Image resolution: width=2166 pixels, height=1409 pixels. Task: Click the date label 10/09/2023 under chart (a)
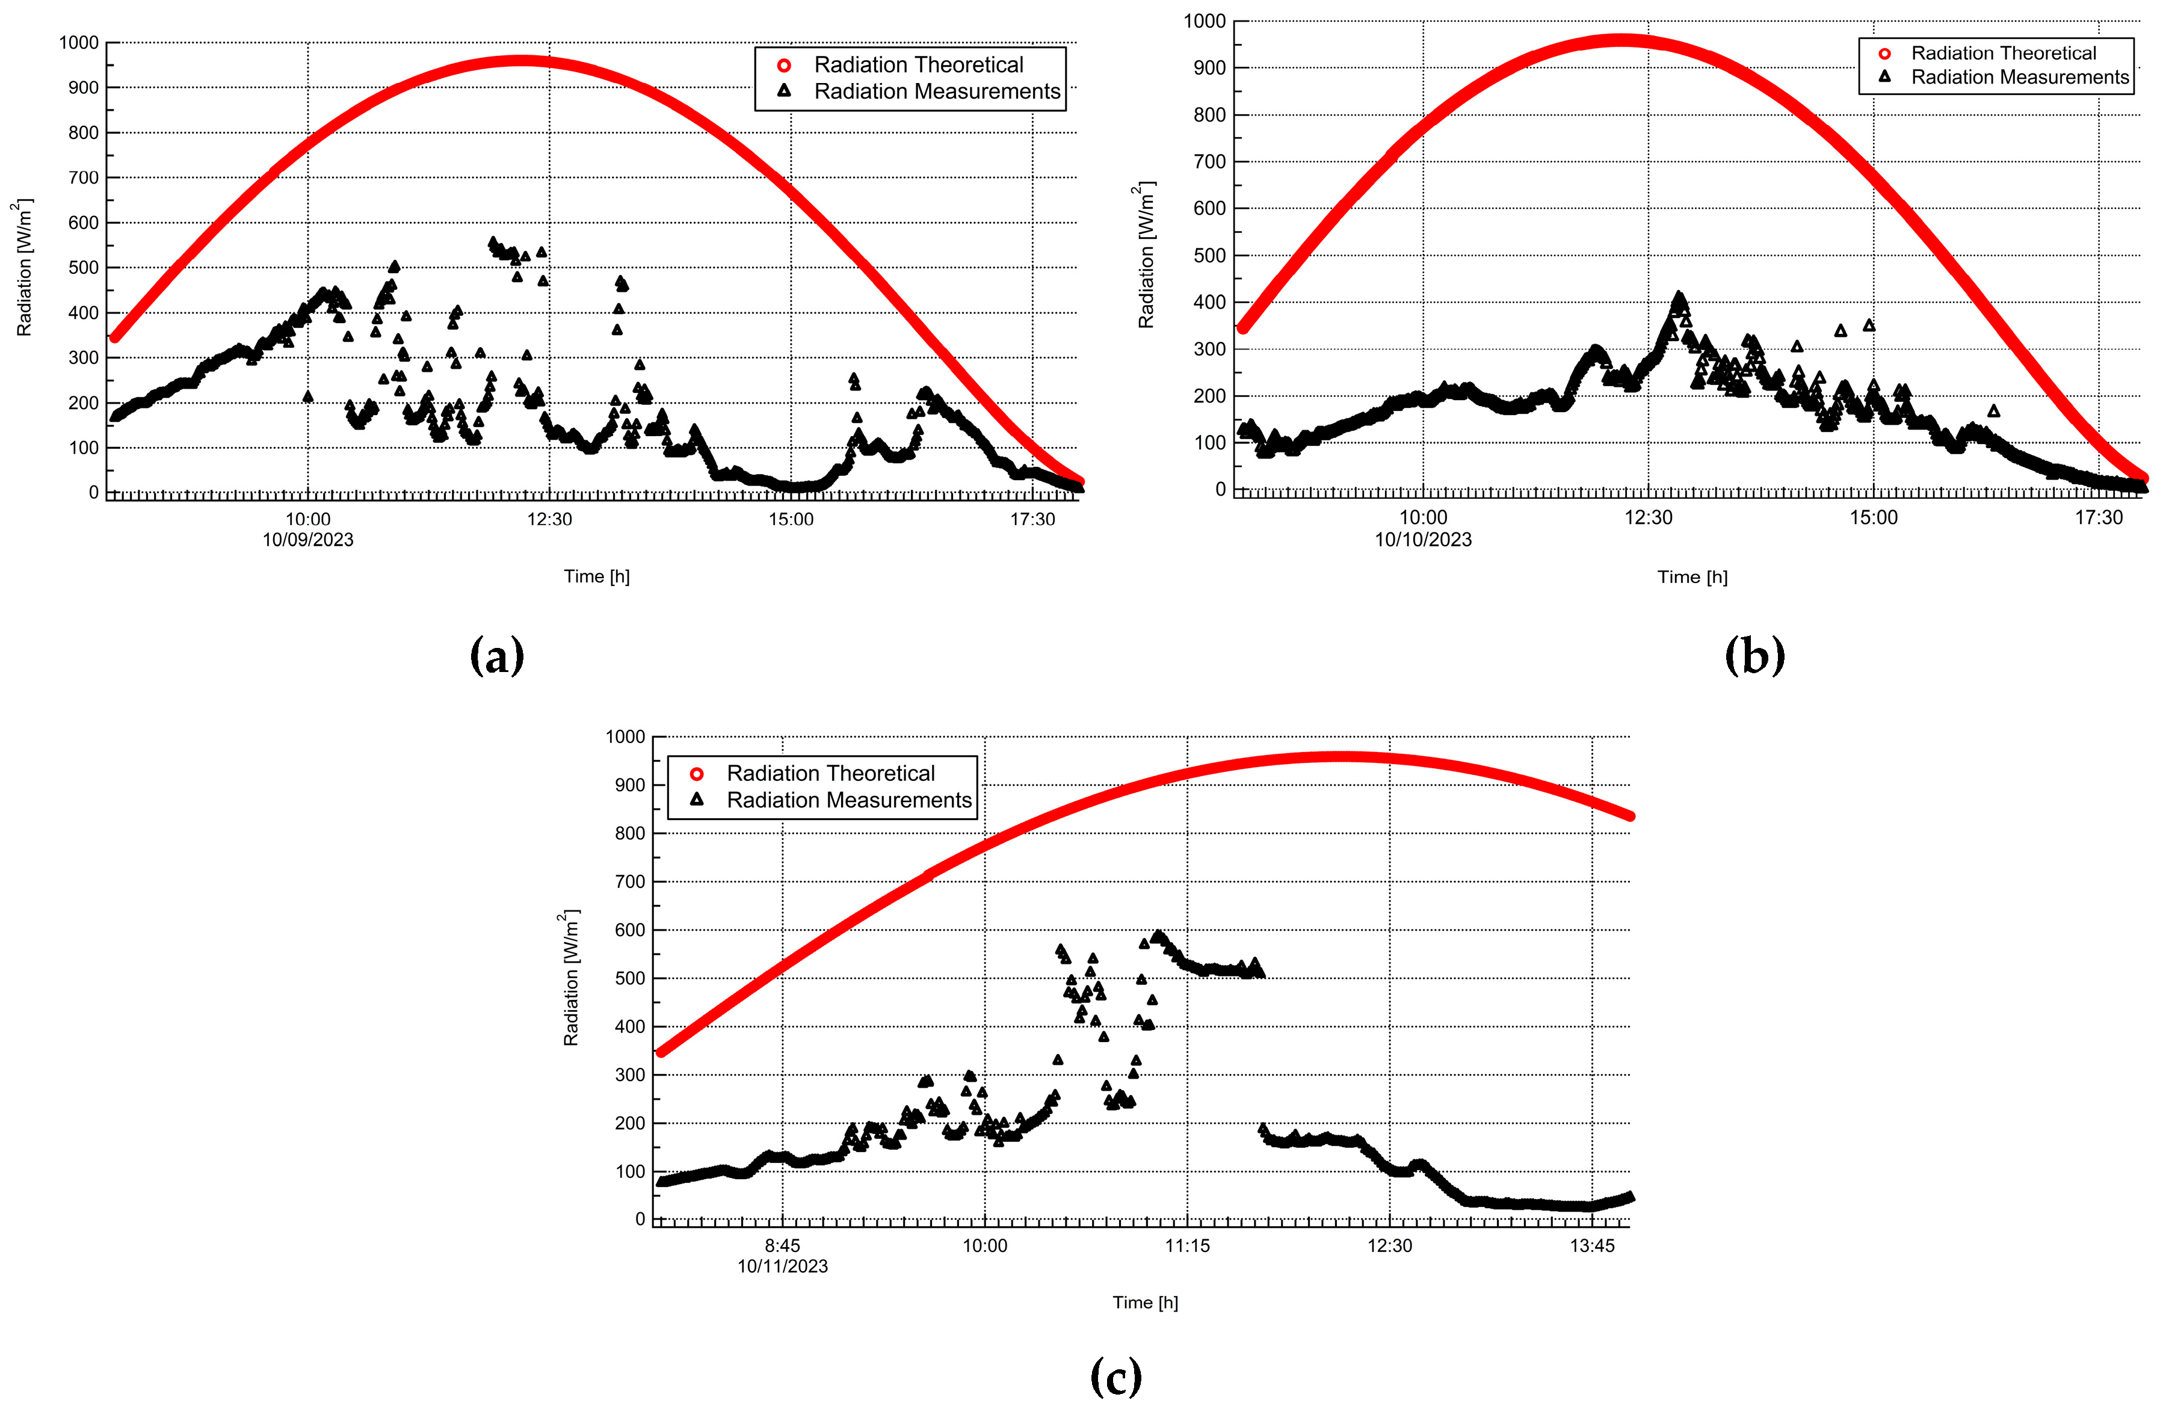[x=307, y=540]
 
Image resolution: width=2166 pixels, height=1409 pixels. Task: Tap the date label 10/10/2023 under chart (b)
[x=1422, y=540]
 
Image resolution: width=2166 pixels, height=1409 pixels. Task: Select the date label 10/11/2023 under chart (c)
[x=783, y=1266]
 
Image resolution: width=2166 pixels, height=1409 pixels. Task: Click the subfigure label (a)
[x=497, y=655]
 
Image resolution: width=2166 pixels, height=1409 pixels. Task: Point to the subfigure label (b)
[x=1754, y=655]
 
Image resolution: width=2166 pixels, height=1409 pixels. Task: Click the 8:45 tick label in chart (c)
[x=783, y=1246]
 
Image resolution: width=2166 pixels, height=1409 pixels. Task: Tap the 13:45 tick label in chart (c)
[x=1592, y=1246]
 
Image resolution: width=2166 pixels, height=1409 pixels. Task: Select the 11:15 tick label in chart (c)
[x=1188, y=1246]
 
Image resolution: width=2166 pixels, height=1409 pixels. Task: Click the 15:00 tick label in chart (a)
[x=790, y=520]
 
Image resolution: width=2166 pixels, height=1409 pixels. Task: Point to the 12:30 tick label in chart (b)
[x=1648, y=518]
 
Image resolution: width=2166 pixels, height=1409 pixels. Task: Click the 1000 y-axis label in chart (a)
[x=79, y=43]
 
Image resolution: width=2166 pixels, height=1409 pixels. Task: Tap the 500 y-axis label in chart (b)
[x=1209, y=256]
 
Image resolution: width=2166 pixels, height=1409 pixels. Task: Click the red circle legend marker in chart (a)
[x=783, y=66]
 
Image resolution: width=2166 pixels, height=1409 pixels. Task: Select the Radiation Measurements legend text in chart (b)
[x=2019, y=78]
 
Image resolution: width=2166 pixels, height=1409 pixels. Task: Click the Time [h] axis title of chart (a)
[x=596, y=576]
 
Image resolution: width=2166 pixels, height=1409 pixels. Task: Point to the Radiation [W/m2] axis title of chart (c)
[x=570, y=978]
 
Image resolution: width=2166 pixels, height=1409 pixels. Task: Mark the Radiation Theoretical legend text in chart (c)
[x=830, y=774]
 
